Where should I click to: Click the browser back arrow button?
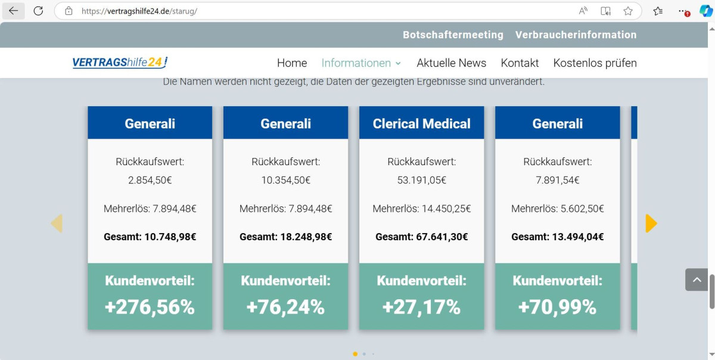coord(13,11)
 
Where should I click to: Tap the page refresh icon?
coord(38,11)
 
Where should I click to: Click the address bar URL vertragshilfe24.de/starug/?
coord(139,11)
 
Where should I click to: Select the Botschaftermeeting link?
coord(453,35)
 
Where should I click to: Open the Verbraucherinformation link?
coord(576,35)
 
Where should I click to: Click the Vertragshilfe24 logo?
coord(120,63)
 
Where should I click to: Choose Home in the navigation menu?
coord(292,63)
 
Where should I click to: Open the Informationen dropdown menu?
coord(361,63)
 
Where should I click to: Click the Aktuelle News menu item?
coord(451,63)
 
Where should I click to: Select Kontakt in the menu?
coord(520,63)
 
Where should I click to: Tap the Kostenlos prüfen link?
coord(595,63)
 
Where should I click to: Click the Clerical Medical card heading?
coord(421,123)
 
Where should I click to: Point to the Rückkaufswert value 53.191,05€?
coord(421,180)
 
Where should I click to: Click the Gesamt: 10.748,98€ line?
coord(150,237)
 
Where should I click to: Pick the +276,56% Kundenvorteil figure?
coord(150,307)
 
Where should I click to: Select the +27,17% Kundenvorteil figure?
coord(421,307)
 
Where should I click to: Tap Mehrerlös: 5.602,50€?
coord(557,209)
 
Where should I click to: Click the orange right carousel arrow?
coord(651,223)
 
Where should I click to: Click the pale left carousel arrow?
coord(57,223)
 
